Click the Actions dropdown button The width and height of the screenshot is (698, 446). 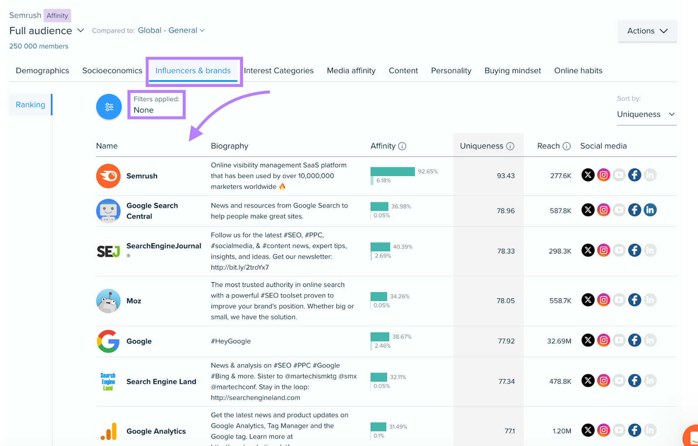click(647, 31)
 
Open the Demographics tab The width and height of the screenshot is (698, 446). click(42, 71)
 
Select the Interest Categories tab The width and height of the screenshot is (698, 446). click(279, 71)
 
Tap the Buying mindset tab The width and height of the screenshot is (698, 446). click(513, 71)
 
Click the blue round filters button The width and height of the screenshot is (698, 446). click(109, 107)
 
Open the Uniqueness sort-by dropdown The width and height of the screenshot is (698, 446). click(646, 114)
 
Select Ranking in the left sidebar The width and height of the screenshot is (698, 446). click(31, 105)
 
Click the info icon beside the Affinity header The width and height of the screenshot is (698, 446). click(402, 146)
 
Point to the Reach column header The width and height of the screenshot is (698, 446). click(548, 146)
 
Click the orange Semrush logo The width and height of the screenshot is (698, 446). click(108, 176)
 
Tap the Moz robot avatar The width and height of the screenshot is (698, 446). click(108, 301)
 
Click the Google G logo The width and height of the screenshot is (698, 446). click(108, 341)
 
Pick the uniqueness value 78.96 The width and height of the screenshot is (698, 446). click(506, 211)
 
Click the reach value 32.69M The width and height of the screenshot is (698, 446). click(559, 341)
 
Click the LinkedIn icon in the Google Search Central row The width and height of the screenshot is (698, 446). click(650, 210)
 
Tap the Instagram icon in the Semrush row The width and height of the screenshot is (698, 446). click(603, 175)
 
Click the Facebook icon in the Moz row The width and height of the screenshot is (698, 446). click(634, 300)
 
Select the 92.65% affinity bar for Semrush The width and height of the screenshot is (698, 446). click(393, 172)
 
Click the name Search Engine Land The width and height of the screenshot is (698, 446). click(161, 382)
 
